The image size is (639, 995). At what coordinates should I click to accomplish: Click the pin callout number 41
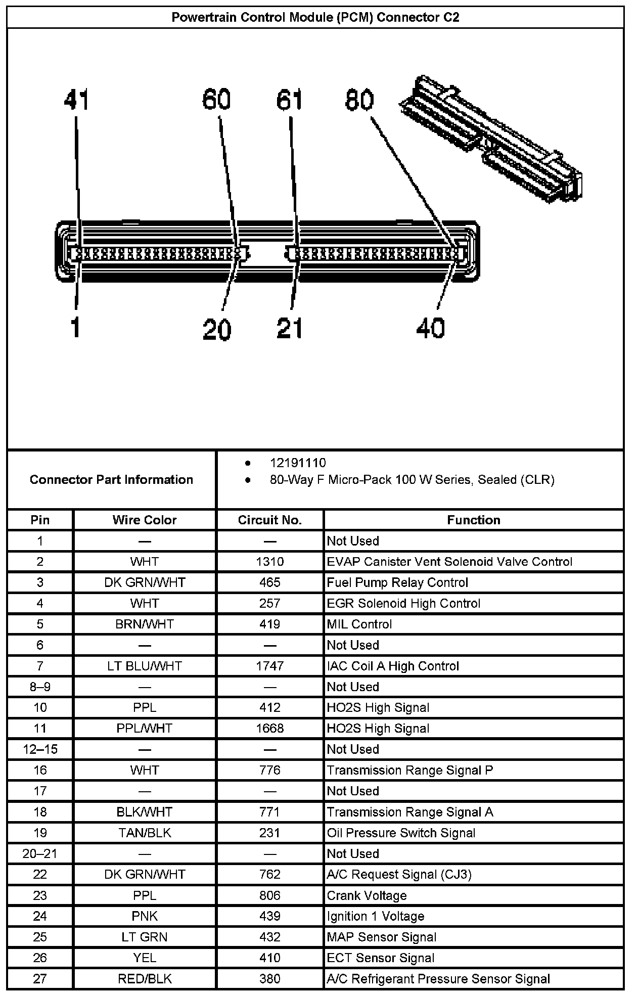pos(76,100)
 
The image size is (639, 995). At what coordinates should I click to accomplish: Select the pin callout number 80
pos(359,100)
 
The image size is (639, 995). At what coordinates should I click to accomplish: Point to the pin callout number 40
pos(430,328)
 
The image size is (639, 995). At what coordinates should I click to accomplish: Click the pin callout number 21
pos(290,328)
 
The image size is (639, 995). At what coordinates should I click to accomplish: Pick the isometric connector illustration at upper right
pos(490,139)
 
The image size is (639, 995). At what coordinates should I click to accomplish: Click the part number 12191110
pos(298,463)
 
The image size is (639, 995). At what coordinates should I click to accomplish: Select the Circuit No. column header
pos(269,520)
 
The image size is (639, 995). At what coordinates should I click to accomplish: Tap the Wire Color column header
pos(145,520)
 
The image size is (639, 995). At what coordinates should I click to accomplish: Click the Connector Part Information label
pos(111,479)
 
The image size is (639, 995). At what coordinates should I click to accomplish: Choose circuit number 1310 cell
pos(269,562)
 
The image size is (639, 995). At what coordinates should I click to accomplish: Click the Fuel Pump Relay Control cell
pos(397,582)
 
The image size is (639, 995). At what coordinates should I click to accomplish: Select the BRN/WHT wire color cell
pos(145,624)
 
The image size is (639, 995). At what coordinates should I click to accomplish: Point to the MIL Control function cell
pos(359,624)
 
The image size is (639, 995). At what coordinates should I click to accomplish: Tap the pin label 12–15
pos(40,749)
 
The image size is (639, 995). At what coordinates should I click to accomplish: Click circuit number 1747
pos(269,666)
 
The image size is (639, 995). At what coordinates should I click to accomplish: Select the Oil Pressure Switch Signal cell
pos(401,833)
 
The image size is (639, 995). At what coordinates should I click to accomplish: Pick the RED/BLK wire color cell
pos(145,979)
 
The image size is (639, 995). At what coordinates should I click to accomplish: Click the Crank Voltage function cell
pos(367,895)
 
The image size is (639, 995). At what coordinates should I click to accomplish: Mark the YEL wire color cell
pos(145,958)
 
